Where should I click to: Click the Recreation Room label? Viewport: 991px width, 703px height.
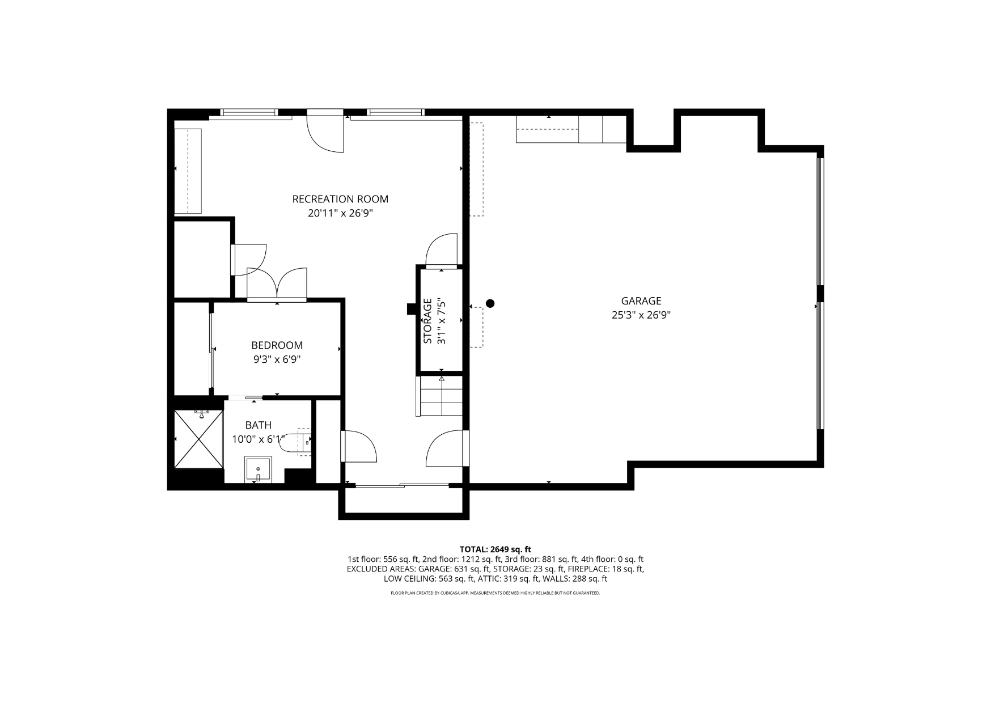click(x=340, y=199)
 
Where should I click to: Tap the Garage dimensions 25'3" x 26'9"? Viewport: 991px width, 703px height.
click(x=641, y=315)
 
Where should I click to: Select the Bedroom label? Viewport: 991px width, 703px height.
click(x=277, y=345)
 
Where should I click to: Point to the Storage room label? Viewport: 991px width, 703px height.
click(x=428, y=321)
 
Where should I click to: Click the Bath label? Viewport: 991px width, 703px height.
click(x=258, y=425)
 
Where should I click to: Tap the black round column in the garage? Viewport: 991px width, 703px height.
click(x=490, y=303)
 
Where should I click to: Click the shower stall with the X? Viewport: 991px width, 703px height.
click(x=198, y=439)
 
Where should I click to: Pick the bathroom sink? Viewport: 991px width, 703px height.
click(x=258, y=469)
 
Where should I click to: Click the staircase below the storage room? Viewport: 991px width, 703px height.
click(x=441, y=395)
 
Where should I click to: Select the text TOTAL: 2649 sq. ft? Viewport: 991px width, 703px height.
click(x=496, y=549)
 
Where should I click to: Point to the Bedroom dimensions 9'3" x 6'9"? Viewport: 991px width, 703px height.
click(x=277, y=359)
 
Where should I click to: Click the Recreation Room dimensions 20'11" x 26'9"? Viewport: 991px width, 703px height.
click(x=340, y=214)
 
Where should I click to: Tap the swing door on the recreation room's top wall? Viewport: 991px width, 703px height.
click(x=325, y=131)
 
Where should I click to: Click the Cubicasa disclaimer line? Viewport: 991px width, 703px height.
click(x=496, y=593)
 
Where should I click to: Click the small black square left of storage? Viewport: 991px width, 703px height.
click(x=411, y=309)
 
